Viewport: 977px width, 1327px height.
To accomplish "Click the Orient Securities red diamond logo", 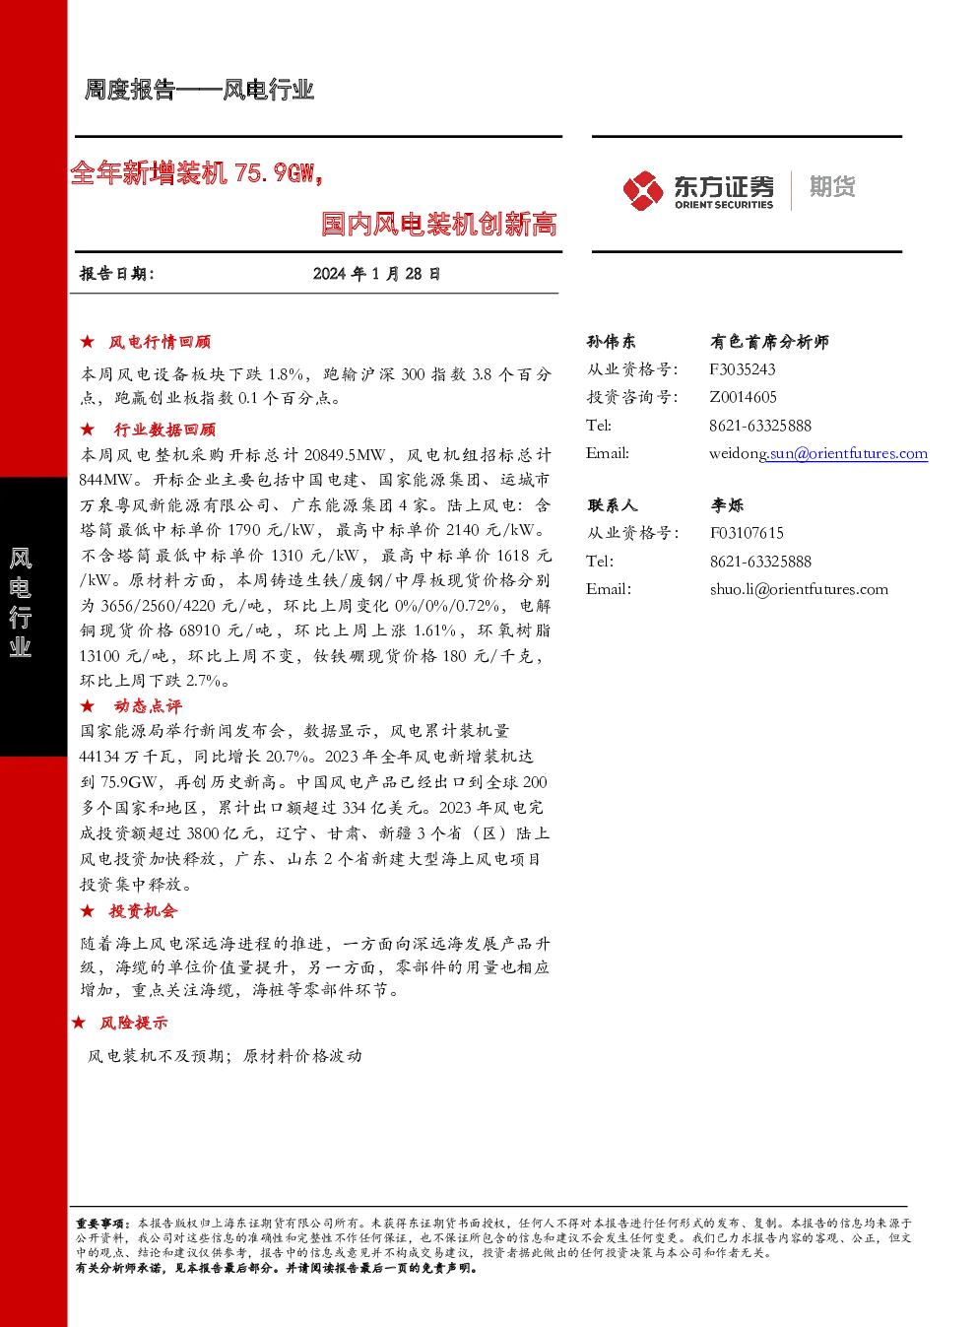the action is [x=643, y=190].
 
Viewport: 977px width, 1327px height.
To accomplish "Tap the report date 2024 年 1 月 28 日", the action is [x=376, y=274].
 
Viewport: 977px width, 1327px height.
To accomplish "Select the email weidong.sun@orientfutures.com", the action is [x=818, y=453].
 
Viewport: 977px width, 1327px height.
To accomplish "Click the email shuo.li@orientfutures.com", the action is [x=799, y=589].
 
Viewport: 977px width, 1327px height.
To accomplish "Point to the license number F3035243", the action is [x=742, y=369].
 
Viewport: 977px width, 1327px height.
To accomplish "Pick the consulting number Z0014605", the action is [x=743, y=397].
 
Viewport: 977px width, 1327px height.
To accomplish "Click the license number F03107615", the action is [x=747, y=533].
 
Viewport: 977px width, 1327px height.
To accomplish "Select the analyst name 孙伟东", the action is [x=611, y=341].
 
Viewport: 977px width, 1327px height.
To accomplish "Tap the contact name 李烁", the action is [x=727, y=504].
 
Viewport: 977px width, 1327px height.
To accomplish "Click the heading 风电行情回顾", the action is [x=160, y=342].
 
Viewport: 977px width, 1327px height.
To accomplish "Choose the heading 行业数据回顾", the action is [x=164, y=429].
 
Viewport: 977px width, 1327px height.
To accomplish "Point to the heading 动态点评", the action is [x=148, y=705].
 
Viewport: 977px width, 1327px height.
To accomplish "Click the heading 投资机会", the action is [x=143, y=910].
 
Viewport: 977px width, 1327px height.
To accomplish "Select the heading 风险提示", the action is [x=134, y=1022].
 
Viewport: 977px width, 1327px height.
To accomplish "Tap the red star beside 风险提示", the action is [x=78, y=1022].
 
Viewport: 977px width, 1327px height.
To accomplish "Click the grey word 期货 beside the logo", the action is [x=832, y=186].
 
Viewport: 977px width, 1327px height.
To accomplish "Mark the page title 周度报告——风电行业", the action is [x=199, y=90].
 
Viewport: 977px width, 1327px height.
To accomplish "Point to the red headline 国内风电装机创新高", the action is [x=438, y=224].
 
